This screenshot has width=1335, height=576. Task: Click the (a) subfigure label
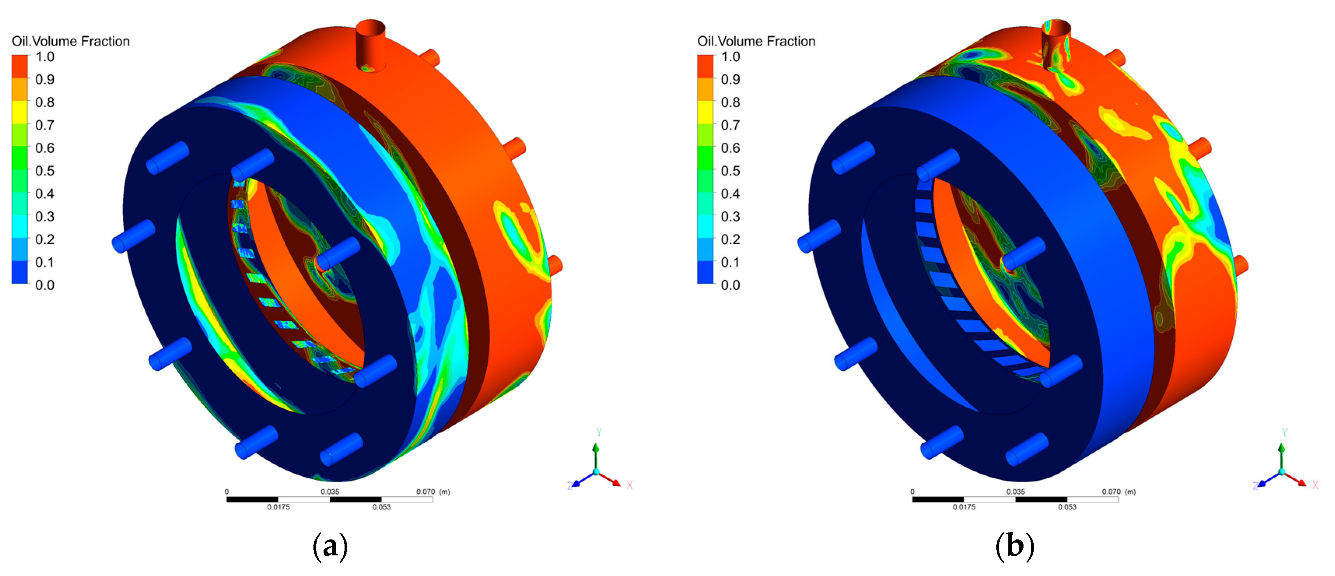pyautogui.click(x=330, y=546)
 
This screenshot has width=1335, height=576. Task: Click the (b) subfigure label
pyautogui.click(x=1015, y=546)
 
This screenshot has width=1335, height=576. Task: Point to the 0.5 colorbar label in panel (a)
pyautogui.click(x=45, y=171)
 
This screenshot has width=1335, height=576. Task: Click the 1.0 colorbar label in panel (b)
pyautogui.click(x=731, y=56)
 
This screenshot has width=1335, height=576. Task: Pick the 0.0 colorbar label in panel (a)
pyautogui.click(x=45, y=285)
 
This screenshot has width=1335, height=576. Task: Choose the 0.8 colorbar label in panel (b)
pyautogui.click(x=731, y=102)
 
